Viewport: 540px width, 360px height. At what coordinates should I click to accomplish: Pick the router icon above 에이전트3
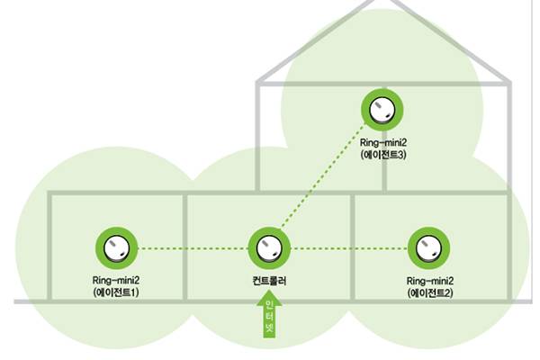[382, 110]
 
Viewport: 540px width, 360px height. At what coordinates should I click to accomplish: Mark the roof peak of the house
[383, 4]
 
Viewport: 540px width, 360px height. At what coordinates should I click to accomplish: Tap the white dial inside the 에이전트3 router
[382, 110]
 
